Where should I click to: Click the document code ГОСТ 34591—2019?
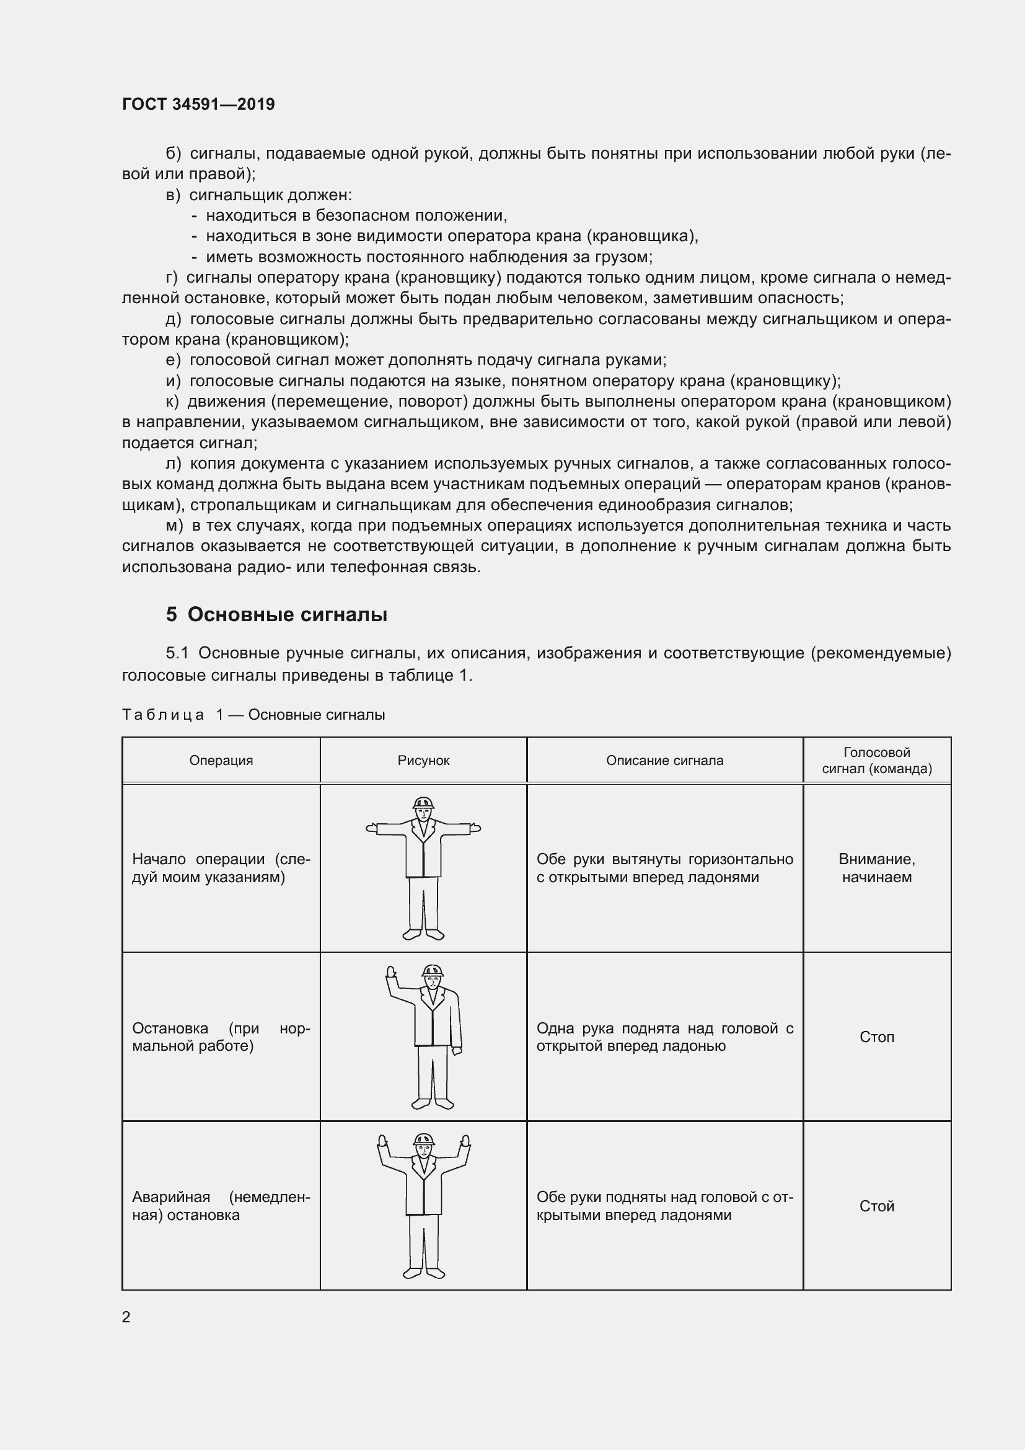coord(198,104)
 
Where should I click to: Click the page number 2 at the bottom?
coord(126,1317)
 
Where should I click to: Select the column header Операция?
coord(221,761)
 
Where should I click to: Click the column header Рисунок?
coord(423,761)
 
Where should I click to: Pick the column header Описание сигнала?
coord(664,761)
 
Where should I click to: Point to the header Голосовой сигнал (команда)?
coord(877,761)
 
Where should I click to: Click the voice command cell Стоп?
coord(877,1037)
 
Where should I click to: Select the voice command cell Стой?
coord(877,1206)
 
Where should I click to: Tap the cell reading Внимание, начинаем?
coord(877,868)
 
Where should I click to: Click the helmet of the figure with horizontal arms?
coord(423,803)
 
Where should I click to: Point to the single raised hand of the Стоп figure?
coord(390,972)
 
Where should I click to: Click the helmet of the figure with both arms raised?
coord(423,1139)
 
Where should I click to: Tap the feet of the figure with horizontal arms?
coord(423,934)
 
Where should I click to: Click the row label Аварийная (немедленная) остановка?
coord(221,1206)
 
